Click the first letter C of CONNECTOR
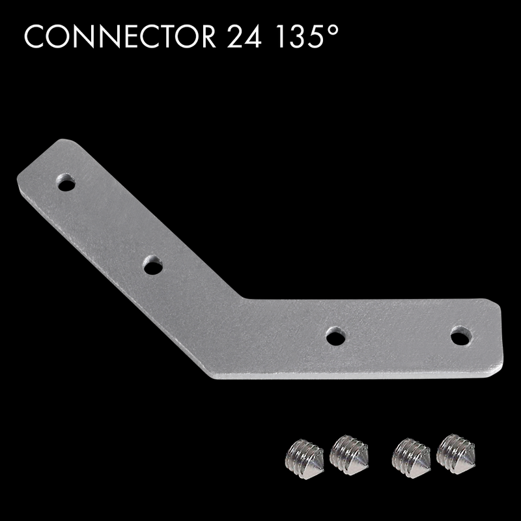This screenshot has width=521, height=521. pos(33,37)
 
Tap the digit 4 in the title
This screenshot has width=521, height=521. pos(255,37)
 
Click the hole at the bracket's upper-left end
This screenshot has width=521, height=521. pos(66,183)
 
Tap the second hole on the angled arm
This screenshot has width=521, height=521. pos(152,265)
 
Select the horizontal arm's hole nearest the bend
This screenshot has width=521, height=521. pos(335,337)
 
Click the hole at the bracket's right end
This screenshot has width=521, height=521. pos(461,336)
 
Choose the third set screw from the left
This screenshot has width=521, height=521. pos(411,455)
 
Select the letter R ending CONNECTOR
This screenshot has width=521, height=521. pos(206,37)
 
